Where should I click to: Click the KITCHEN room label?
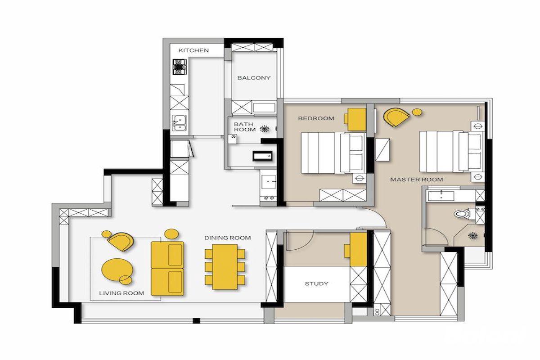tap(193, 50)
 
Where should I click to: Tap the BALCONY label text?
tap(254, 78)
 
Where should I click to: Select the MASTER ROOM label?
tap(417, 180)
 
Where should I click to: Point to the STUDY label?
tap(316, 283)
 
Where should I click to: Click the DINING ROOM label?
tap(228, 238)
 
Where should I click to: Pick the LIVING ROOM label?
tap(122, 293)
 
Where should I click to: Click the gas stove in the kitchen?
tap(180, 67)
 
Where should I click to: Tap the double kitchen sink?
tap(179, 123)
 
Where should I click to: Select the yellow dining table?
tap(225, 267)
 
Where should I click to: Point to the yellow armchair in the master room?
tap(396, 117)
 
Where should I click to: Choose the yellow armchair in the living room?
tap(121, 242)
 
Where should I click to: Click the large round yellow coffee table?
tap(117, 270)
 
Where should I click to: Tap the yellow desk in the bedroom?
tap(355, 120)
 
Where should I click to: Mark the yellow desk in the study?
tap(356, 250)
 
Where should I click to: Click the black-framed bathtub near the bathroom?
tap(262, 156)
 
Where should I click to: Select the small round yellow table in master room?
tap(417, 112)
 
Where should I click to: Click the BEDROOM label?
tap(316, 118)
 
